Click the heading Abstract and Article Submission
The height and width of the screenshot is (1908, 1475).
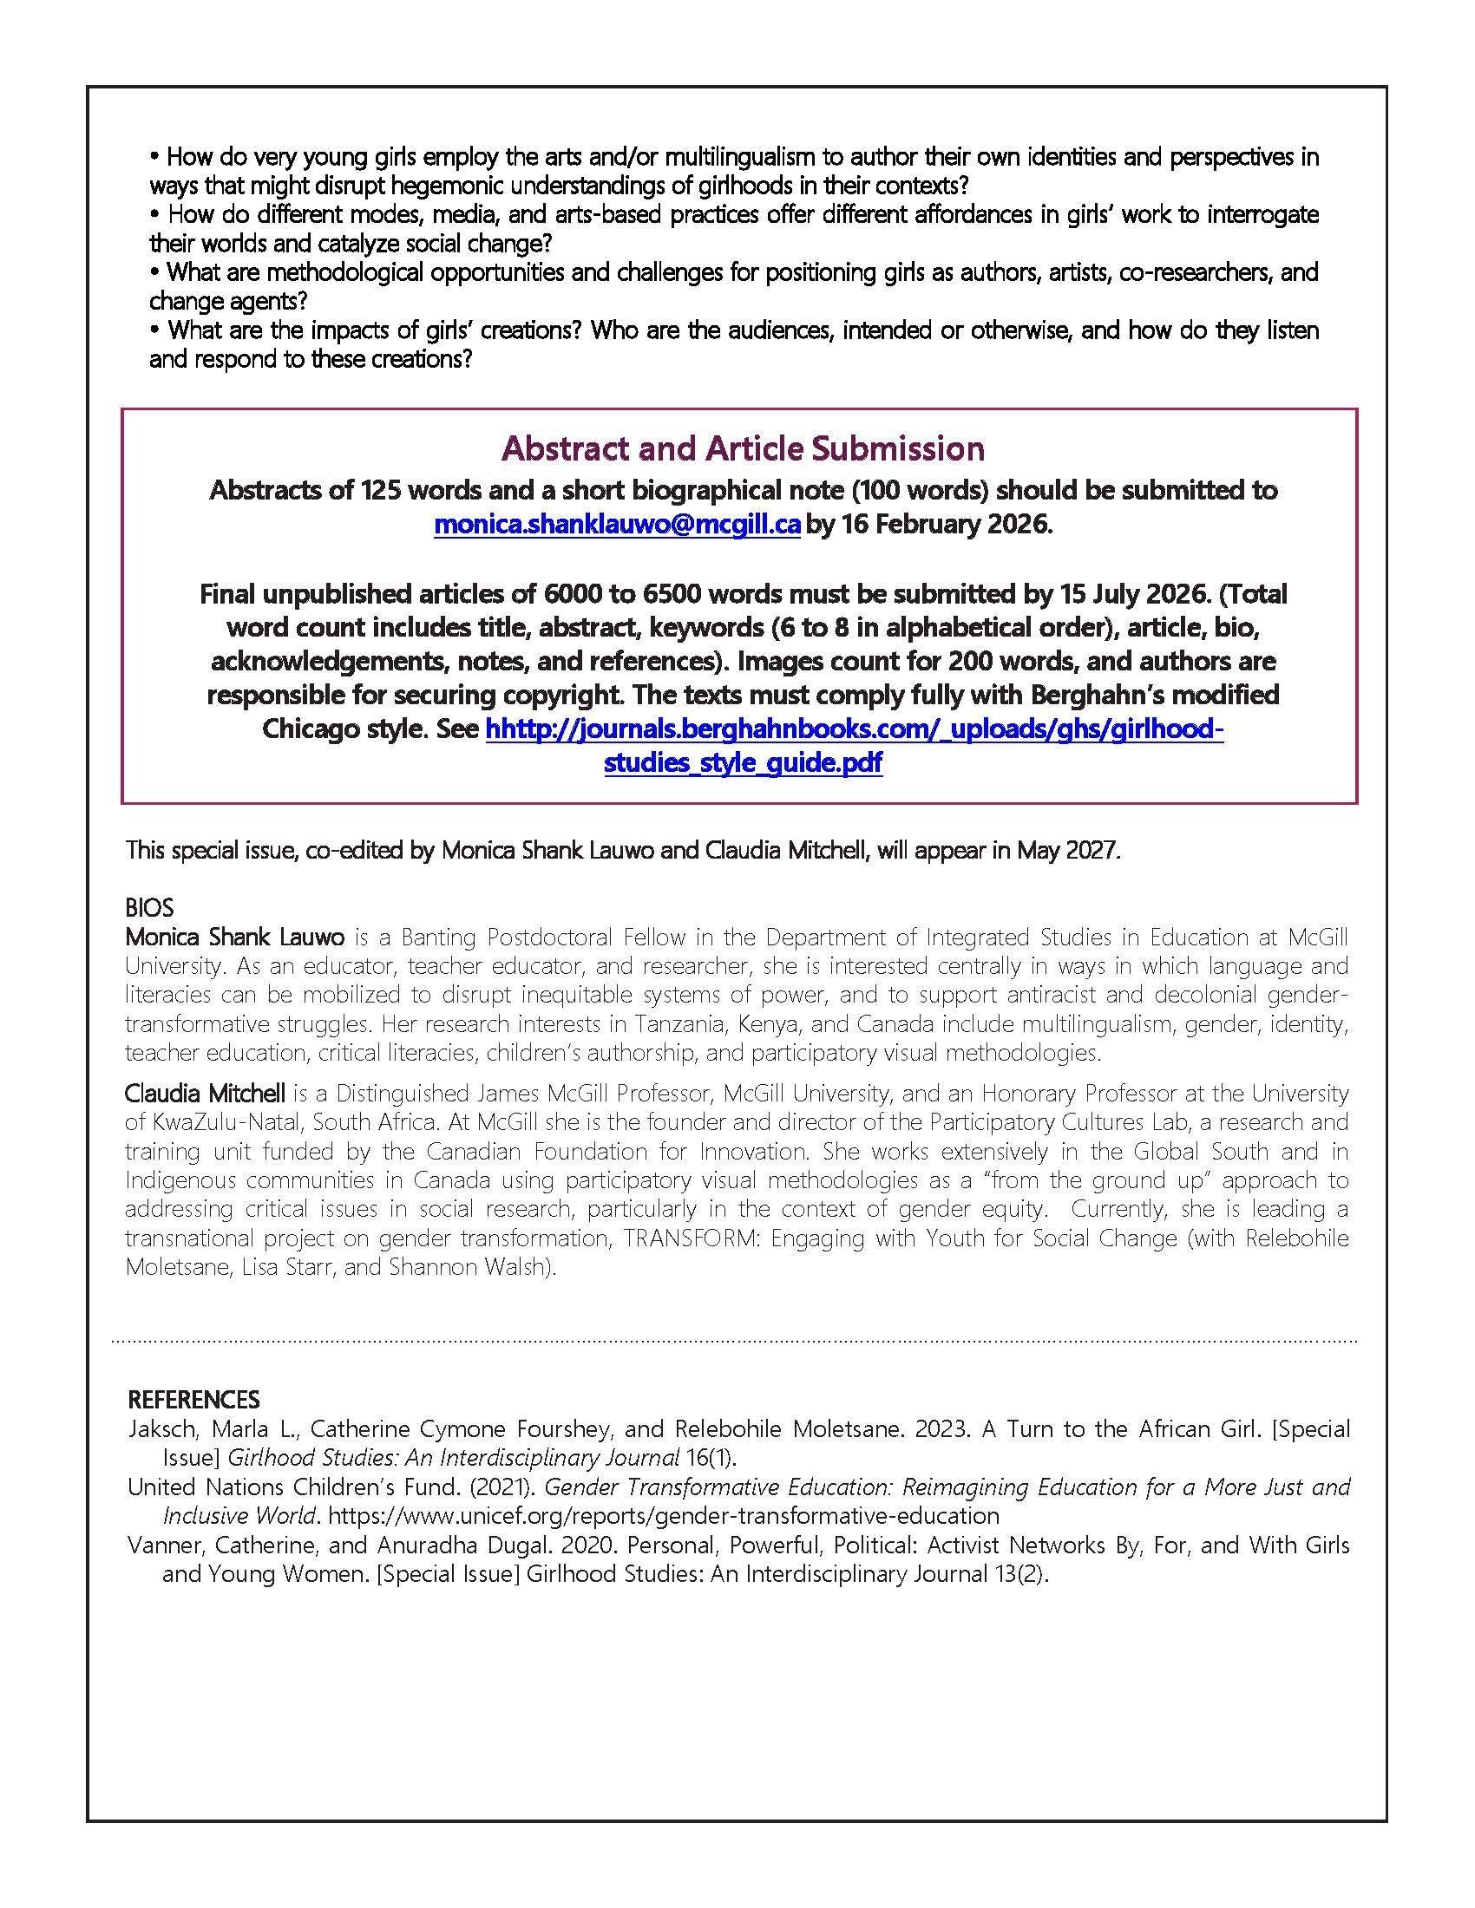tap(743, 448)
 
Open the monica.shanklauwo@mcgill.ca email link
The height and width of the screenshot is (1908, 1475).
tap(617, 525)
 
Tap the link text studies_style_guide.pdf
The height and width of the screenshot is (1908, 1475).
tap(743, 762)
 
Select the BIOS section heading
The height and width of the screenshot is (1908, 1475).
tap(149, 908)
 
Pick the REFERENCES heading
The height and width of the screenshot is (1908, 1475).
tap(194, 1400)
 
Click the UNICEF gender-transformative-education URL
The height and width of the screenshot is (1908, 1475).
tap(663, 1515)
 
